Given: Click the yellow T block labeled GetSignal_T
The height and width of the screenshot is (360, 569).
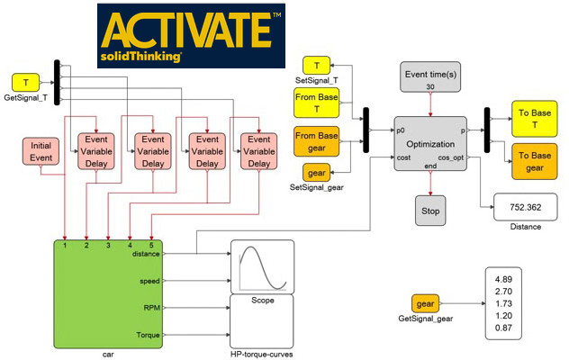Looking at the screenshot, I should [x=25, y=83].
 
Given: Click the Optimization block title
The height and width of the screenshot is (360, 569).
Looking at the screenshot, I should [x=430, y=143].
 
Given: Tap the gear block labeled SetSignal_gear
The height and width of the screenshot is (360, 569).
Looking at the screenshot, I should [x=316, y=174].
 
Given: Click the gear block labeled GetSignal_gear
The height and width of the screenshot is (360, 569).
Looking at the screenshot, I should [x=424, y=302].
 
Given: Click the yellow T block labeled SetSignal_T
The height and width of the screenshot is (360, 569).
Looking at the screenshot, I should [x=316, y=66].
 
